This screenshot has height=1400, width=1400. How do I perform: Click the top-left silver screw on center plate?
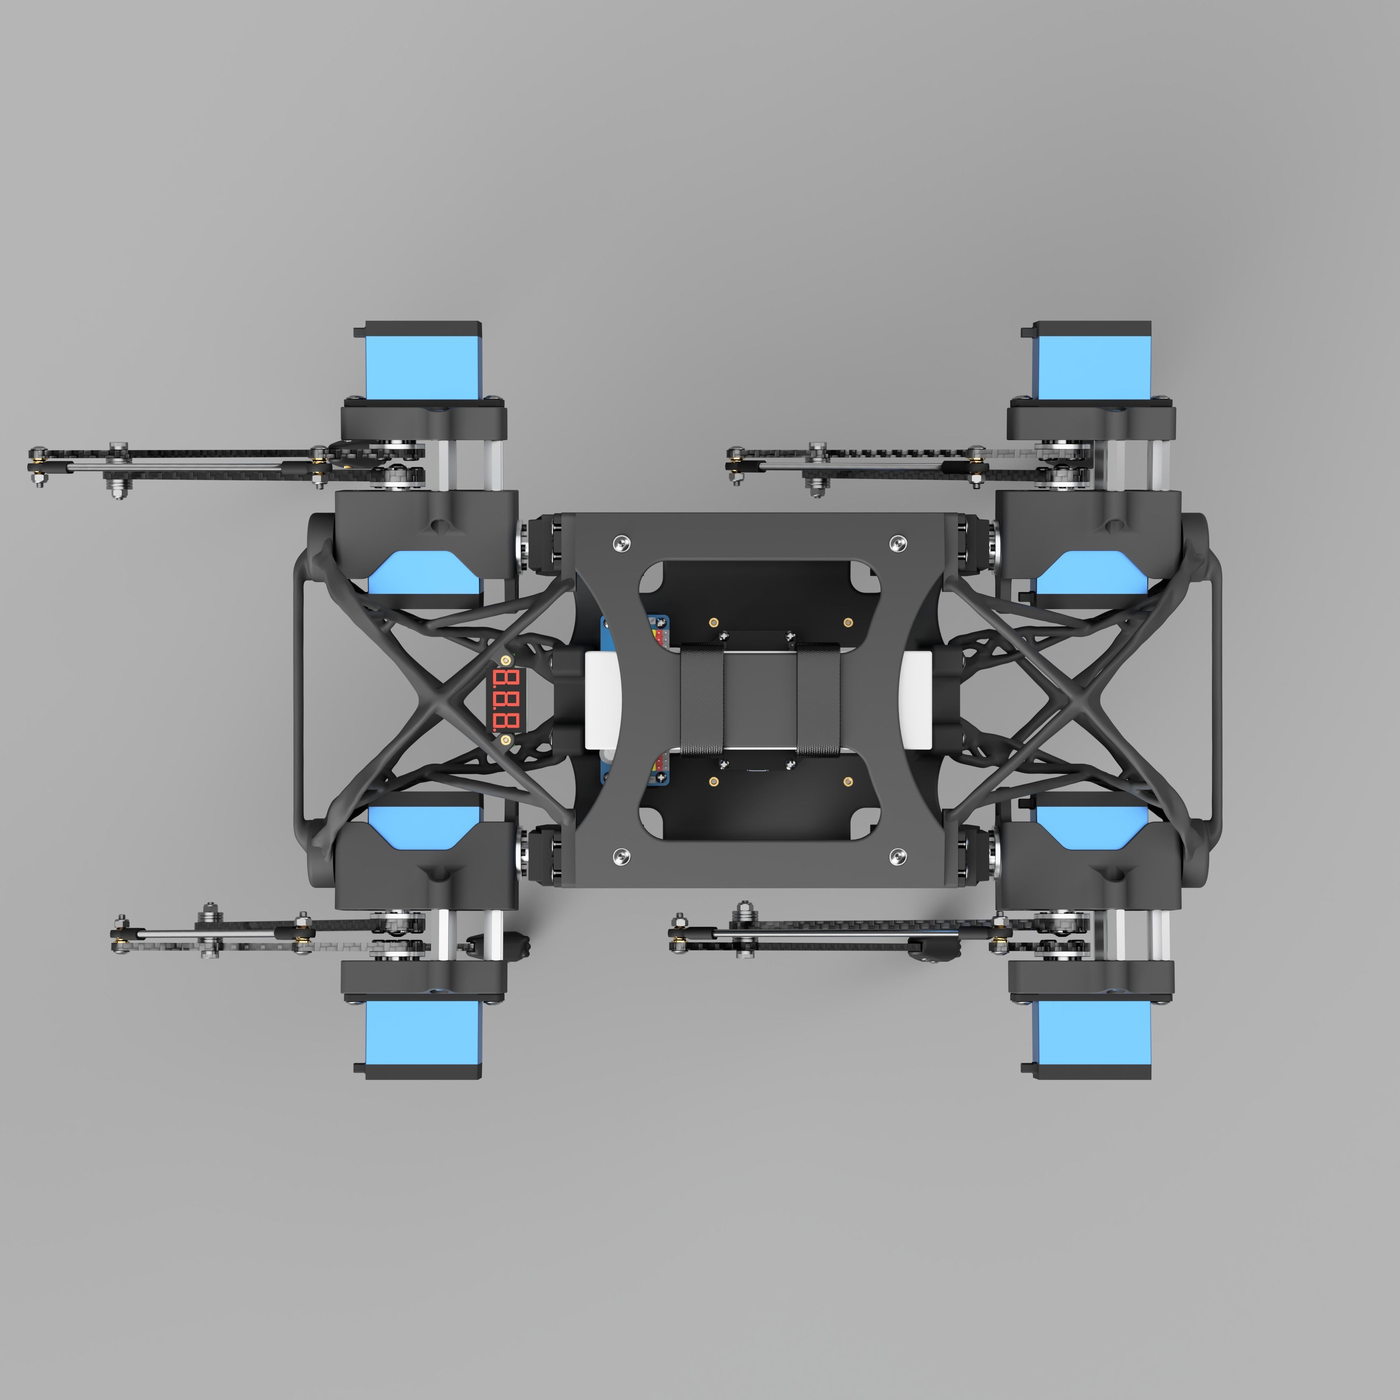coord(621,542)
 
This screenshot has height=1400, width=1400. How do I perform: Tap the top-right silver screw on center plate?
coord(898,542)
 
